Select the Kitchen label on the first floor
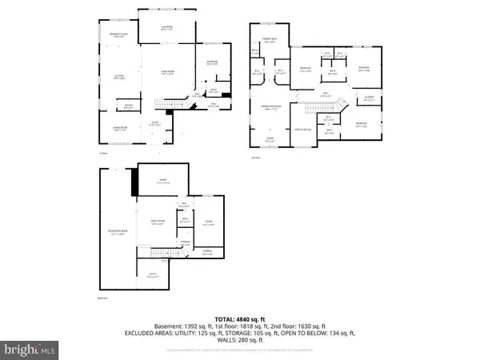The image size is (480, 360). click(x=117, y=78)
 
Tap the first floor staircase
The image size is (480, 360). click(x=166, y=106)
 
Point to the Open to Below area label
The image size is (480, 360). click(x=302, y=129)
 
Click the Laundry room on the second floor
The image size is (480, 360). click(x=370, y=99)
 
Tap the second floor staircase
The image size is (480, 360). click(x=341, y=102)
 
